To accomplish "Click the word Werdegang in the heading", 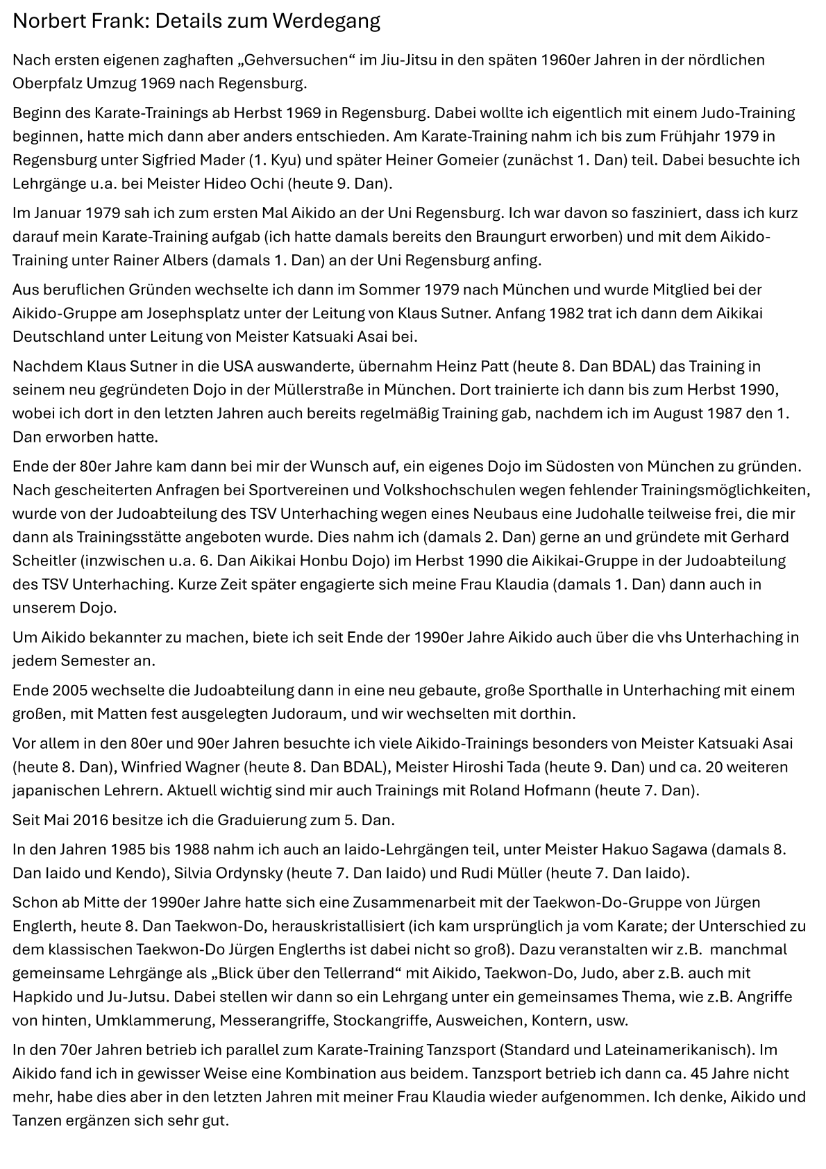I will [x=326, y=22].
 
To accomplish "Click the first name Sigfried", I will [x=170, y=160].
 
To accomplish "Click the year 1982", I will [x=566, y=313].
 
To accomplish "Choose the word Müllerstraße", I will [x=346, y=390].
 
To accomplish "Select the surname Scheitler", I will [x=42, y=561].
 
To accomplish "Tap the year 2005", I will [x=69, y=691].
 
